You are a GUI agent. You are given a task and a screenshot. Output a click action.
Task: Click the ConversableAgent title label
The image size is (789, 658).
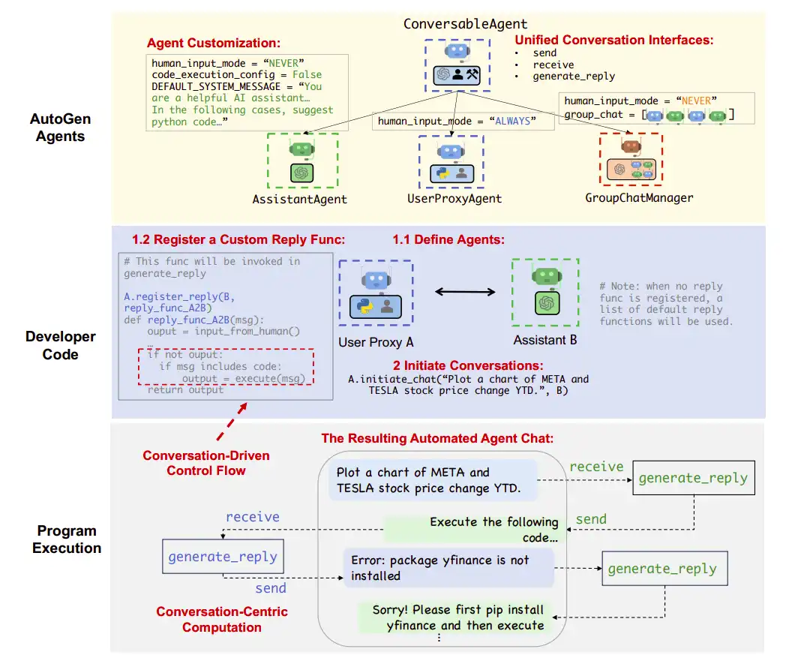click(x=465, y=24)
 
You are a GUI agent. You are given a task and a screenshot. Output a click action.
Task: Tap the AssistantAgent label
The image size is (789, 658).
click(x=300, y=200)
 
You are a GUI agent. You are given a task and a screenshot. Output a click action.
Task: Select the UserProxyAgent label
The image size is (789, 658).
click(x=454, y=199)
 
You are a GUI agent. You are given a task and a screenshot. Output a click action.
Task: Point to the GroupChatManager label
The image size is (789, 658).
click(x=639, y=198)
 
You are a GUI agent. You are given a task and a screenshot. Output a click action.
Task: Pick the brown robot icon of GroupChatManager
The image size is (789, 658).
click(x=631, y=146)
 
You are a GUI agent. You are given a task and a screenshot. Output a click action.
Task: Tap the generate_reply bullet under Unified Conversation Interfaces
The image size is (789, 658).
click(x=574, y=76)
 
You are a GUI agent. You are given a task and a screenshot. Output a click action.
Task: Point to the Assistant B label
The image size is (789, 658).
click(x=545, y=341)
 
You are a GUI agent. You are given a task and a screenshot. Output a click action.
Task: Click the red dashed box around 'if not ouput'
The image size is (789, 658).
click(x=226, y=366)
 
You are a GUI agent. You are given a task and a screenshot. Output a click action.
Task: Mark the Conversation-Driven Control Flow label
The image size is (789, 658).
click(x=206, y=463)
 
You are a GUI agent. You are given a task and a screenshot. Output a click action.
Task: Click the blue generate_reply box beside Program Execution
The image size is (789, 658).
click(x=222, y=557)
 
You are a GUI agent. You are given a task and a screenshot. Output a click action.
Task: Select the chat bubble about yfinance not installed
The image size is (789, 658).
click(x=448, y=568)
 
